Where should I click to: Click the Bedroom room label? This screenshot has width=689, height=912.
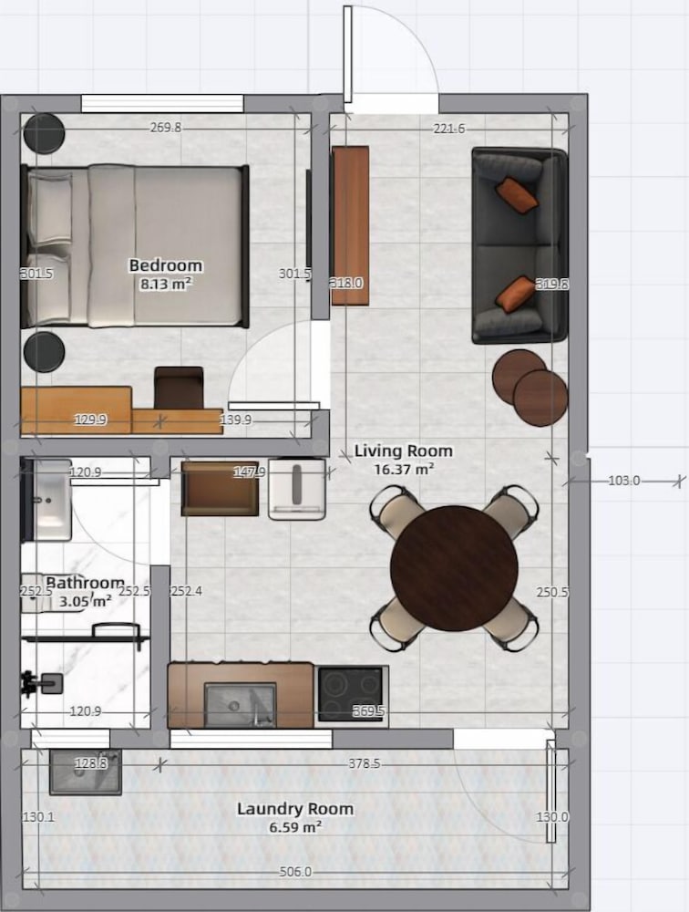tap(166, 265)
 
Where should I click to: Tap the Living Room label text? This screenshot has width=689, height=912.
tap(404, 451)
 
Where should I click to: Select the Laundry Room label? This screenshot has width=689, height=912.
tap(295, 809)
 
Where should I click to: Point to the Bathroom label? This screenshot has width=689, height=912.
tap(85, 582)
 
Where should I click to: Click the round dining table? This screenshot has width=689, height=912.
tap(454, 568)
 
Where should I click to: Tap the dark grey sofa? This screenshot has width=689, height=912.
tap(519, 244)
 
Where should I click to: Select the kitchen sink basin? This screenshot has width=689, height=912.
tap(240, 704)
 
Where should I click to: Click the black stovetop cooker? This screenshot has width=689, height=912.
tap(351, 696)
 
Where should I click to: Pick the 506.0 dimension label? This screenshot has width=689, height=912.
tap(295, 872)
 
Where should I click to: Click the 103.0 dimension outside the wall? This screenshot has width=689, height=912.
tap(624, 481)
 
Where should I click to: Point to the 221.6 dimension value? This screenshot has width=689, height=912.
tap(449, 129)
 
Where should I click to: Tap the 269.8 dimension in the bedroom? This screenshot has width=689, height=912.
tap(166, 128)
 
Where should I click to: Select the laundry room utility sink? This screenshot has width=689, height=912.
tap(86, 772)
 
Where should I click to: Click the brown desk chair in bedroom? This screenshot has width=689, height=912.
tap(179, 388)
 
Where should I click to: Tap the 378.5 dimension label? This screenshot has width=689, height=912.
tap(364, 763)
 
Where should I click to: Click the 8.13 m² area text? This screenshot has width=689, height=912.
tap(166, 284)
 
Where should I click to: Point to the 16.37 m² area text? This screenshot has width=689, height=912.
tap(404, 469)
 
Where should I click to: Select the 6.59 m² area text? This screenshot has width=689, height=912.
tap(295, 826)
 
